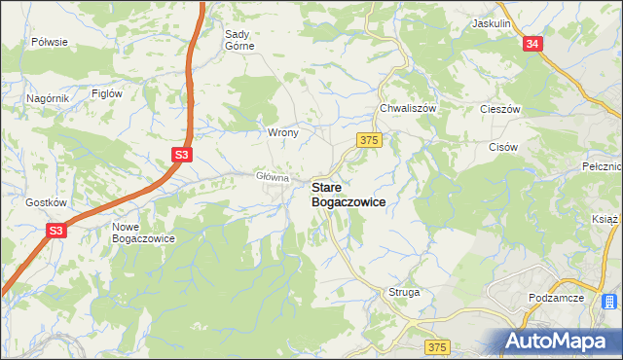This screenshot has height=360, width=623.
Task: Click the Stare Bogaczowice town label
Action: [348, 194]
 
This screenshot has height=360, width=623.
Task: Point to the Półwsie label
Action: [49, 42]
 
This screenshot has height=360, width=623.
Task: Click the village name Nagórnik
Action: [48, 98]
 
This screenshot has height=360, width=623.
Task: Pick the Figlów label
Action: [105, 93]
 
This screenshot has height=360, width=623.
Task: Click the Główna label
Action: [273, 177]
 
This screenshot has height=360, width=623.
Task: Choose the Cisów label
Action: [502, 147]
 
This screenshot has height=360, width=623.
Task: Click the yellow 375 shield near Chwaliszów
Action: [368, 141]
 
